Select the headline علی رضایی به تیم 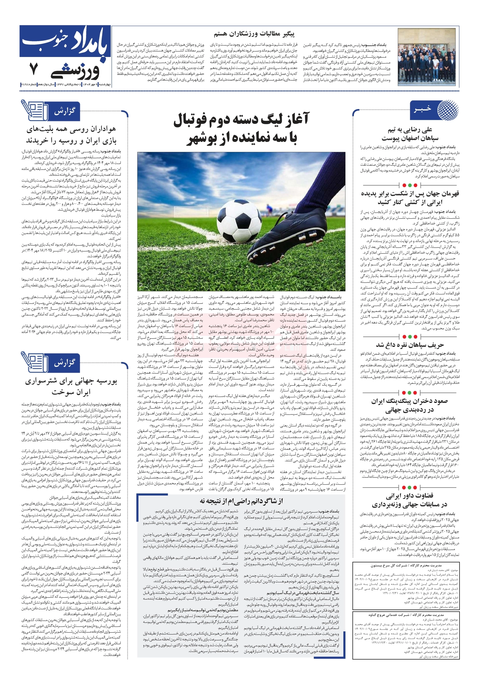[x=410, y=130]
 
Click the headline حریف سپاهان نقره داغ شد [x=410, y=345]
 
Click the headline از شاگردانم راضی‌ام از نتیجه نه [x=241, y=501]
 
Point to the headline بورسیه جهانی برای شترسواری [x=71, y=381]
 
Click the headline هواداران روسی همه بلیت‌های [x=71, y=130]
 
